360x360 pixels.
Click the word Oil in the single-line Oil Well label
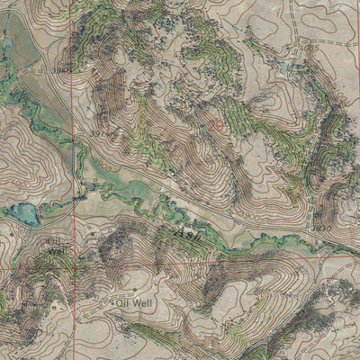[123, 304]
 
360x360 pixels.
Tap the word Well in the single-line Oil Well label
[143, 304]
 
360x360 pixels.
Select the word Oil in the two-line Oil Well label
[56, 241]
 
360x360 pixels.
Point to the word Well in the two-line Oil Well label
[58, 251]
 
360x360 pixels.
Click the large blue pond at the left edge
[22, 214]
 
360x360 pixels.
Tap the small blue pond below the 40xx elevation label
[285, 67]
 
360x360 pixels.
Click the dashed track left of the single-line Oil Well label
[90, 310]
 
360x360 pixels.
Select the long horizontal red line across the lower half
[225, 256]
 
